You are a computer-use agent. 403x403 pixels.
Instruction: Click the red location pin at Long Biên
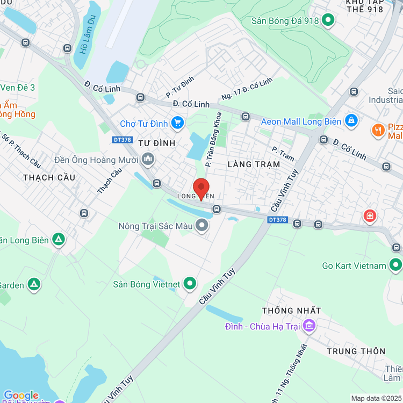pyautogui.click(x=201, y=188)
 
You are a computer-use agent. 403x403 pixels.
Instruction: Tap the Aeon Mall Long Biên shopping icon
pyautogui.click(x=351, y=120)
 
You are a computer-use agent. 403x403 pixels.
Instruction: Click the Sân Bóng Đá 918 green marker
pyautogui.click(x=328, y=21)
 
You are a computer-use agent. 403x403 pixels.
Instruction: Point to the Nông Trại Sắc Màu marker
pyautogui.click(x=202, y=226)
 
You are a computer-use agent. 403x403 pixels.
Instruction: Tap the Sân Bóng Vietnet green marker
pyautogui.click(x=189, y=283)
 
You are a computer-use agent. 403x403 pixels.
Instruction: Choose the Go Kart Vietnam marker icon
pyautogui.click(x=395, y=265)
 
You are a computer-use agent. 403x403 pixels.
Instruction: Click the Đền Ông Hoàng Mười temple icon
pyautogui.click(x=148, y=159)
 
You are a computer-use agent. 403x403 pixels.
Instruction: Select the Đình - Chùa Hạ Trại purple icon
pyautogui.click(x=308, y=325)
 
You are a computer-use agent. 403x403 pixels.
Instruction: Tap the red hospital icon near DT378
pyautogui.click(x=370, y=216)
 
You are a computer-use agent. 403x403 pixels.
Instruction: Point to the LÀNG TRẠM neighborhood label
pyautogui.click(x=254, y=164)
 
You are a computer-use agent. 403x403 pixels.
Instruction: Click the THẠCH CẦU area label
pyautogui.click(x=49, y=177)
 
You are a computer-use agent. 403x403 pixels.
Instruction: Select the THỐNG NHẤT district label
pyautogui.click(x=291, y=311)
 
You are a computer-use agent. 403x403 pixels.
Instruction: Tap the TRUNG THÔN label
pyautogui.click(x=356, y=351)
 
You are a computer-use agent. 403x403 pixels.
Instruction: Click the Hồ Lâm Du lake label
pyautogui.click(x=84, y=41)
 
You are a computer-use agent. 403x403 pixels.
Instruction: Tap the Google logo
pyautogui.click(x=20, y=395)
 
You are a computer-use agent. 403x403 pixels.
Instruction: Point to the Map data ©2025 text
pyautogui.click(x=376, y=398)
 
